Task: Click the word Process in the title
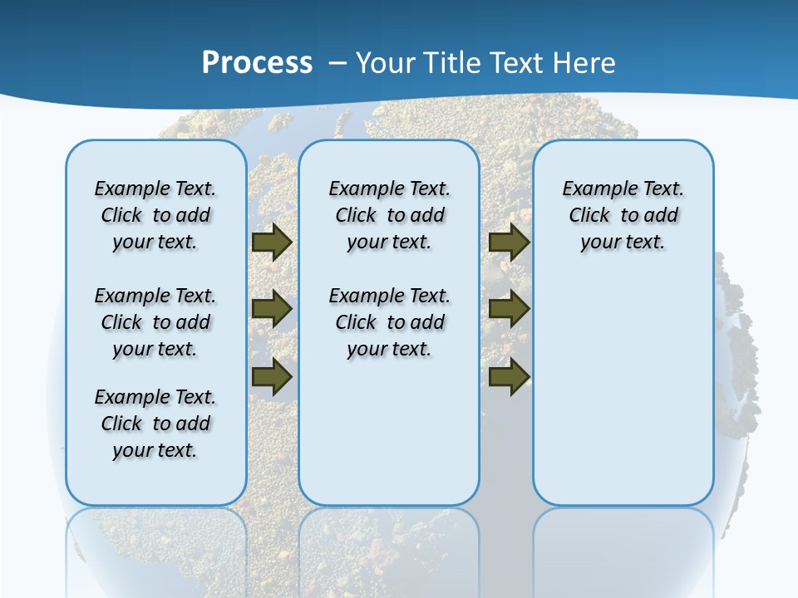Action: click(x=257, y=62)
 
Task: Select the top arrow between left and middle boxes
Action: click(x=272, y=243)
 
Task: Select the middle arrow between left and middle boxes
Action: click(x=272, y=309)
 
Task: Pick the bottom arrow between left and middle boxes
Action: click(x=272, y=376)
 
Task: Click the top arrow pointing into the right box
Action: click(x=509, y=243)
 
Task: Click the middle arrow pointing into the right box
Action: click(x=509, y=309)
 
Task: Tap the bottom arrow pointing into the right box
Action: click(x=509, y=376)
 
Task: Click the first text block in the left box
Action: click(x=155, y=215)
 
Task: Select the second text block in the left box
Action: click(x=155, y=322)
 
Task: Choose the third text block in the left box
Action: click(x=155, y=424)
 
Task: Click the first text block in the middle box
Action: click(x=389, y=215)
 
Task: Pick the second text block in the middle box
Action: click(x=389, y=322)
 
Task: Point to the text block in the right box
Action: click(x=623, y=215)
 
